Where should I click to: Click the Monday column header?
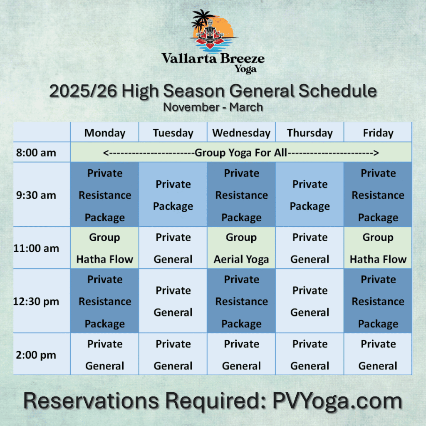105,133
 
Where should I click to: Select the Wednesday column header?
241,133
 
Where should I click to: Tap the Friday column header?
378,133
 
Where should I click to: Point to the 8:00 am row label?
36,152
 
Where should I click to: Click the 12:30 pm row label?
36,301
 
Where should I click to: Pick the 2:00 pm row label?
36,355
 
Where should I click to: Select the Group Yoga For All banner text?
241,153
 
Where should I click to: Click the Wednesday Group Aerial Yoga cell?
241,248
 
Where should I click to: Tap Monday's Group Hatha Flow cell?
104,248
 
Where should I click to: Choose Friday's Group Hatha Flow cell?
378,248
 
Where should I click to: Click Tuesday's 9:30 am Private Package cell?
173,195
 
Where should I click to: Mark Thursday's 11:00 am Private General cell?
310,248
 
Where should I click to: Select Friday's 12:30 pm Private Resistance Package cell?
378,301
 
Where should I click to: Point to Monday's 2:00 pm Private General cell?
104,354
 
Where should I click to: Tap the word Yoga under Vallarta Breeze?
245,69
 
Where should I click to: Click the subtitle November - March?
213,107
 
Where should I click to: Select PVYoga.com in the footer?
337,401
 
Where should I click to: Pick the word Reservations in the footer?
91,401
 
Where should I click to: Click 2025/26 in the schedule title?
83,91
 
